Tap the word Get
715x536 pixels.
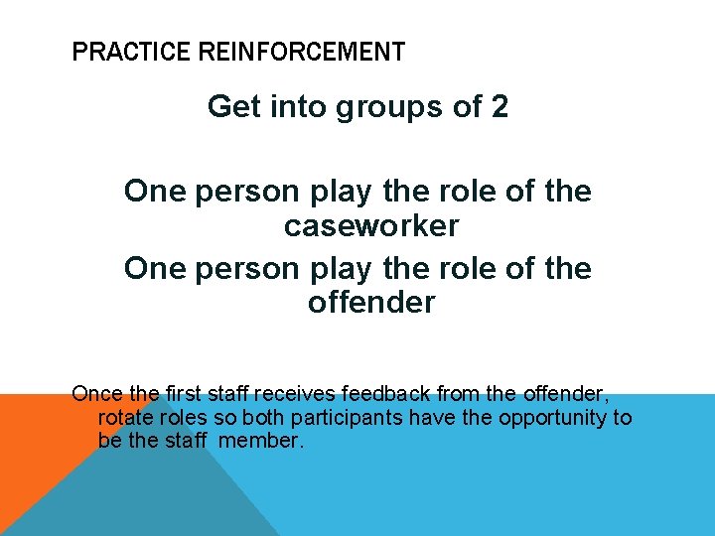click(x=231, y=106)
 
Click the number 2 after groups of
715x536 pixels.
click(x=500, y=106)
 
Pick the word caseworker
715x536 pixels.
click(x=370, y=226)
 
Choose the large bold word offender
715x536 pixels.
click(x=370, y=302)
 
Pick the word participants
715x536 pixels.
click(x=316, y=418)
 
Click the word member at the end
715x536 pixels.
click(x=260, y=440)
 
